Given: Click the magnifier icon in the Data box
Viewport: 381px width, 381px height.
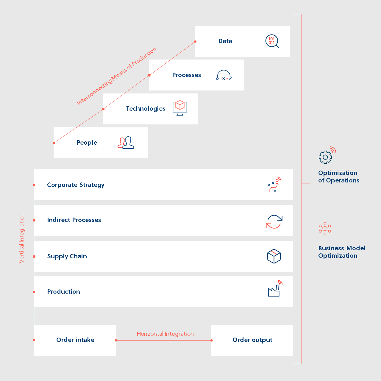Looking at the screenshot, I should pos(272,41).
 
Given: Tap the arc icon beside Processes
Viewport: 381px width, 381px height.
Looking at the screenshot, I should pos(224,75).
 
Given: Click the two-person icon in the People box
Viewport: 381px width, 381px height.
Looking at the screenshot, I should pos(126,143).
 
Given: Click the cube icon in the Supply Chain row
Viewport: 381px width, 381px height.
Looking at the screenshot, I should pos(274,256).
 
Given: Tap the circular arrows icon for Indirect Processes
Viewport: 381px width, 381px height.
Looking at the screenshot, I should pos(274,222).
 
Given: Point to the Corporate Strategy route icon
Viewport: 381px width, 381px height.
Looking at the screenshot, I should pos(274,185).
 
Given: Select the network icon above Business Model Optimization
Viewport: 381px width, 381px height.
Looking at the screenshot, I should pos(325,229).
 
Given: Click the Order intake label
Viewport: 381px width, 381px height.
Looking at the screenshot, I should pos(75,340).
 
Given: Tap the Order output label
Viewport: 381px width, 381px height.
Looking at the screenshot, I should pos(252,340).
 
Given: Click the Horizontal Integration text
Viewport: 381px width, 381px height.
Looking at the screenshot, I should pos(165,334).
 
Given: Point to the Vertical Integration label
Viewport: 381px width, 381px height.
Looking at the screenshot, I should pos(22,238).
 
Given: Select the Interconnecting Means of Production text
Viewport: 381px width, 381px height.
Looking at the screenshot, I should pos(116,76).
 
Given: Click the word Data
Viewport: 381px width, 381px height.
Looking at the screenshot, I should pos(225,41).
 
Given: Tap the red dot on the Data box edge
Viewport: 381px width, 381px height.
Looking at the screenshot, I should pos(195,42).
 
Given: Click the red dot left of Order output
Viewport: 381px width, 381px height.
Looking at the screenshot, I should pos(212,340).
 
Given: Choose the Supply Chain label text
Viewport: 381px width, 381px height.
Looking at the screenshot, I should pos(67,256).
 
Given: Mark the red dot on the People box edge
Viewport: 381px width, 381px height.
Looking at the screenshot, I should pos(54,143).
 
